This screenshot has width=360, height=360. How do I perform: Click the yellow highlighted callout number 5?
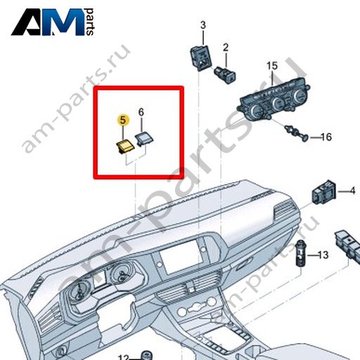pos(123,120)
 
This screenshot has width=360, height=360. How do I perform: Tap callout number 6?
pos(141,112)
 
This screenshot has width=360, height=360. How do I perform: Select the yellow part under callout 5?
pos(125,147)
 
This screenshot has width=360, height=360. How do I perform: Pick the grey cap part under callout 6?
pos(145,139)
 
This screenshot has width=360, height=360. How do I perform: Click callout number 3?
pos(203,25)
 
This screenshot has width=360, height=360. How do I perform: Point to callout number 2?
pos(226,48)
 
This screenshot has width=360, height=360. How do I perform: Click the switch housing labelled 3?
pos(200,57)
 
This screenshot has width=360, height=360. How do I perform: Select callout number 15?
pos(272,65)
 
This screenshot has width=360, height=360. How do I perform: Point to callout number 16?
pos(326,137)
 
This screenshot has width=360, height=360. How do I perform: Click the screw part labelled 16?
pos(296,133)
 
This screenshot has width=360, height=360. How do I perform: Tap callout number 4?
pos(352,191)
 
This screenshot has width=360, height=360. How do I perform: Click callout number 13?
pos(323,255)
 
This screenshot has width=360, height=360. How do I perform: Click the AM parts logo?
pos(53,22)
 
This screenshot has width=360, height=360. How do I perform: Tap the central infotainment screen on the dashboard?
pos(181,257)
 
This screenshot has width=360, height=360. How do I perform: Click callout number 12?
pos(124,357)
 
